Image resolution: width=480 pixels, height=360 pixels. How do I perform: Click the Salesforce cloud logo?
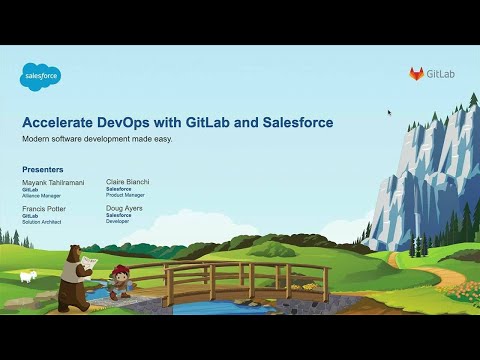point(41,76)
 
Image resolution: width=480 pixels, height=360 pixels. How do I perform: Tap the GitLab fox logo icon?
point(416,74)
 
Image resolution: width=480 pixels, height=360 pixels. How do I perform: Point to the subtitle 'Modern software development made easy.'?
point(97,139)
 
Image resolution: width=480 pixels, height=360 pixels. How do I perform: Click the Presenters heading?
point(43,170)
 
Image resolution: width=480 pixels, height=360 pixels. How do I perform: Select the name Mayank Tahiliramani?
point(55,184)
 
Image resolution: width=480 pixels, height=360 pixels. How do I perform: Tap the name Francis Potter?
point(46,209)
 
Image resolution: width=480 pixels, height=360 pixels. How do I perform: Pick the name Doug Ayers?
point(123,209)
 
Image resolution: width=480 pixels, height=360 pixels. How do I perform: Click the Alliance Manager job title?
point(41,196)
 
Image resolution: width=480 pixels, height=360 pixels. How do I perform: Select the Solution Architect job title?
point(42,221)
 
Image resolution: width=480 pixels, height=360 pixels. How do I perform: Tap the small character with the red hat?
point(119,282)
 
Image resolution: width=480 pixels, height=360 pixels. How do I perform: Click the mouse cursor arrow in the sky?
point(389,112)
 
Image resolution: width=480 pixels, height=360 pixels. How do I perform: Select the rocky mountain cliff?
point(424,170)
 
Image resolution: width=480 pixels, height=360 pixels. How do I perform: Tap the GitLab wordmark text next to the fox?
point(440,74)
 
